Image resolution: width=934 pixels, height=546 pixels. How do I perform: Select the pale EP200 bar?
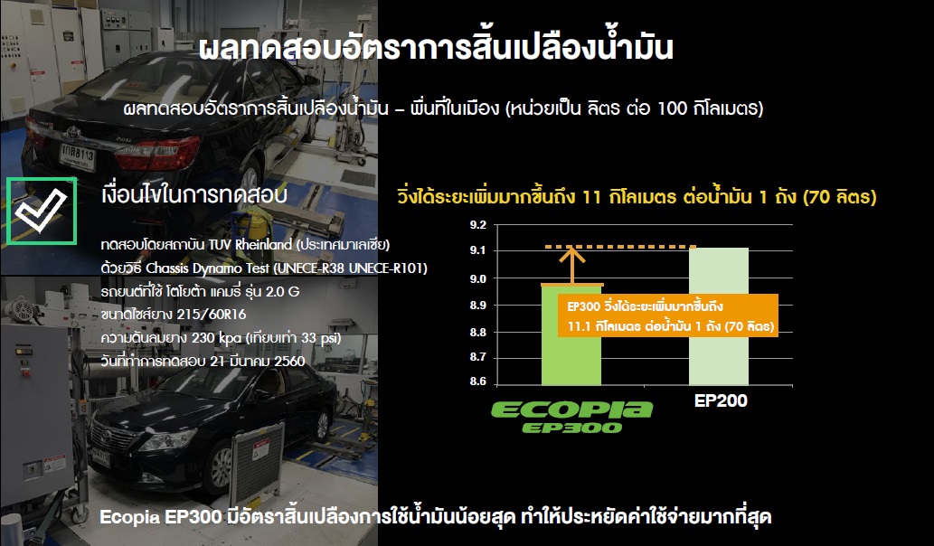pos(719,316)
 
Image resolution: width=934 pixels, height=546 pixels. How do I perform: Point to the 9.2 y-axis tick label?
pos(477,225)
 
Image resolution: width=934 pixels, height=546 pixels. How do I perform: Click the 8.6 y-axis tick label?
pos(477,381)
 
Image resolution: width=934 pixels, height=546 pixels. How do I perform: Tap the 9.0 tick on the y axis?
pos(477,278)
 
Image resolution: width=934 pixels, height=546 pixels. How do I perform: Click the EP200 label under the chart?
pos(721,400)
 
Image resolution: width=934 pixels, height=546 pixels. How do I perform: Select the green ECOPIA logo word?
pos(571,409)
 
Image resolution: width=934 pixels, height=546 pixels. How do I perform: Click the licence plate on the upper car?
pos(78,157)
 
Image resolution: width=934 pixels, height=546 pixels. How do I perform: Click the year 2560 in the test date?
pos(289,362)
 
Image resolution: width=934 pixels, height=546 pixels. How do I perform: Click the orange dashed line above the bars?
pos(620,247)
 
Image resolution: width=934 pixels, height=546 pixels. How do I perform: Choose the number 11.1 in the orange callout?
pos(579,327)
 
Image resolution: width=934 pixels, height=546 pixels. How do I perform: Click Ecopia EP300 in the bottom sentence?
pos(161,516)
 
